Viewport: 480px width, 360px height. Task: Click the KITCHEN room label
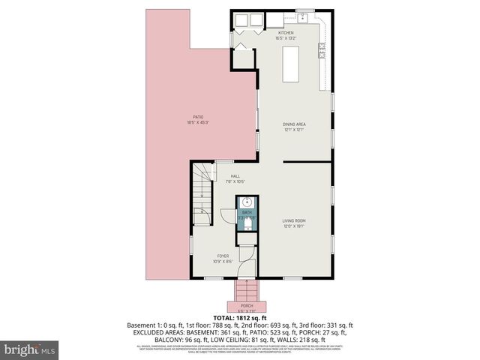[286, 33]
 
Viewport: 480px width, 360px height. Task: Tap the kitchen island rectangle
[290, 63]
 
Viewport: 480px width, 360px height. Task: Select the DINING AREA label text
[294, 124]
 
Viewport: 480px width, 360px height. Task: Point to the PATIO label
[198, 117]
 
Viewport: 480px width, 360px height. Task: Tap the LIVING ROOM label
[293, 220]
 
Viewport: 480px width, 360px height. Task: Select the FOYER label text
[223, 256]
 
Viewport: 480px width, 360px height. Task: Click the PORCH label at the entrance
[247, 306]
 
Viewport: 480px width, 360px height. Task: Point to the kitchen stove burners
[322, 50]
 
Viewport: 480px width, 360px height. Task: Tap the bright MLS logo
[30, 349]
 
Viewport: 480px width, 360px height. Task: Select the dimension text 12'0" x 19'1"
[293, 225]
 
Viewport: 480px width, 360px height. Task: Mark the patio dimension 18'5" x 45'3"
[198, 122]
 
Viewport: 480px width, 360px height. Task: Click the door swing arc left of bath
[226, 214]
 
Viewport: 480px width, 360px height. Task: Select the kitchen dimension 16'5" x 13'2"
[286, 38]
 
